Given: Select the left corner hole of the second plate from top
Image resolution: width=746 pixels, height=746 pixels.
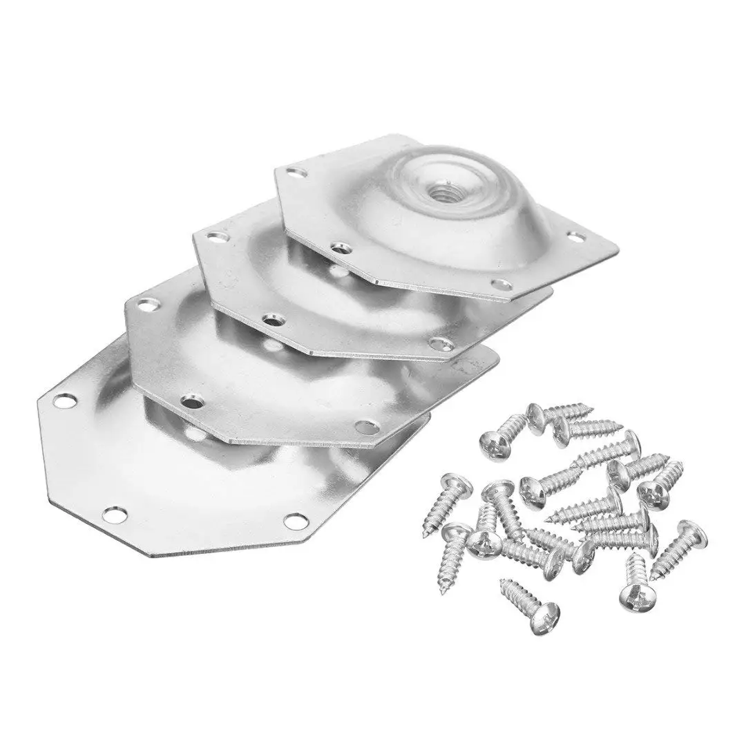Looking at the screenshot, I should (x=209, y=236).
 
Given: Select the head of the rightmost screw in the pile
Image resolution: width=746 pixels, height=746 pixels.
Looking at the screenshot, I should (x=693, y=530).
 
